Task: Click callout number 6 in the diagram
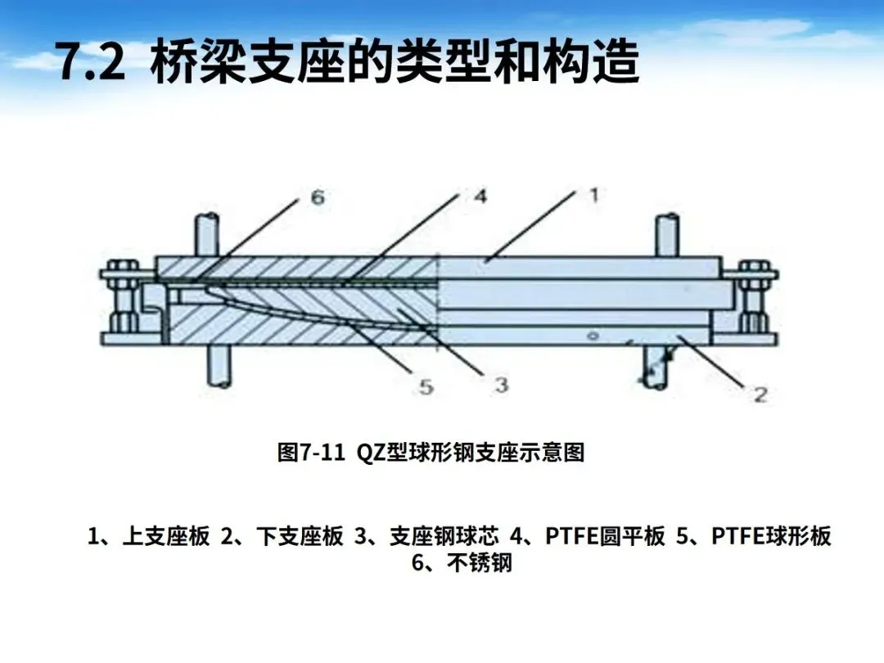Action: click(x=317, y=197)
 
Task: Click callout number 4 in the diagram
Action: click(x=480, y=196)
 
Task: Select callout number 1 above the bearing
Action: click(x=594, y=195)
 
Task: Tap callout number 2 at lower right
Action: click(x=760, y=395)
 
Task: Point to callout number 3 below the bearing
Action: click(x=501, y=384)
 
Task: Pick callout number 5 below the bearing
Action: click(x=426, y=386)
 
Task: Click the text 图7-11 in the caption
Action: click(x=311, y=453)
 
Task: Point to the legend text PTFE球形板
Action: click(x=771, y=536)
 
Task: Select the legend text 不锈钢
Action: click(x=480, y=564)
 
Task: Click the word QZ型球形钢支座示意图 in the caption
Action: click(x=471, y=453)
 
